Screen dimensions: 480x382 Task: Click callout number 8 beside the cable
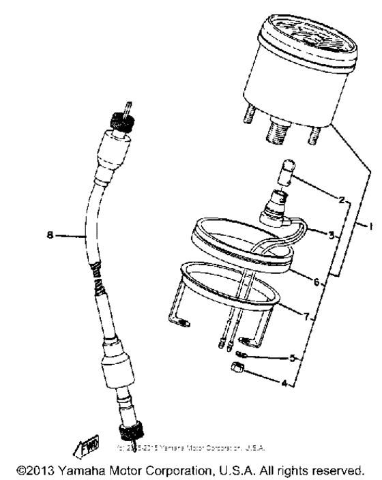pyautogui.click(x=50, y=236)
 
